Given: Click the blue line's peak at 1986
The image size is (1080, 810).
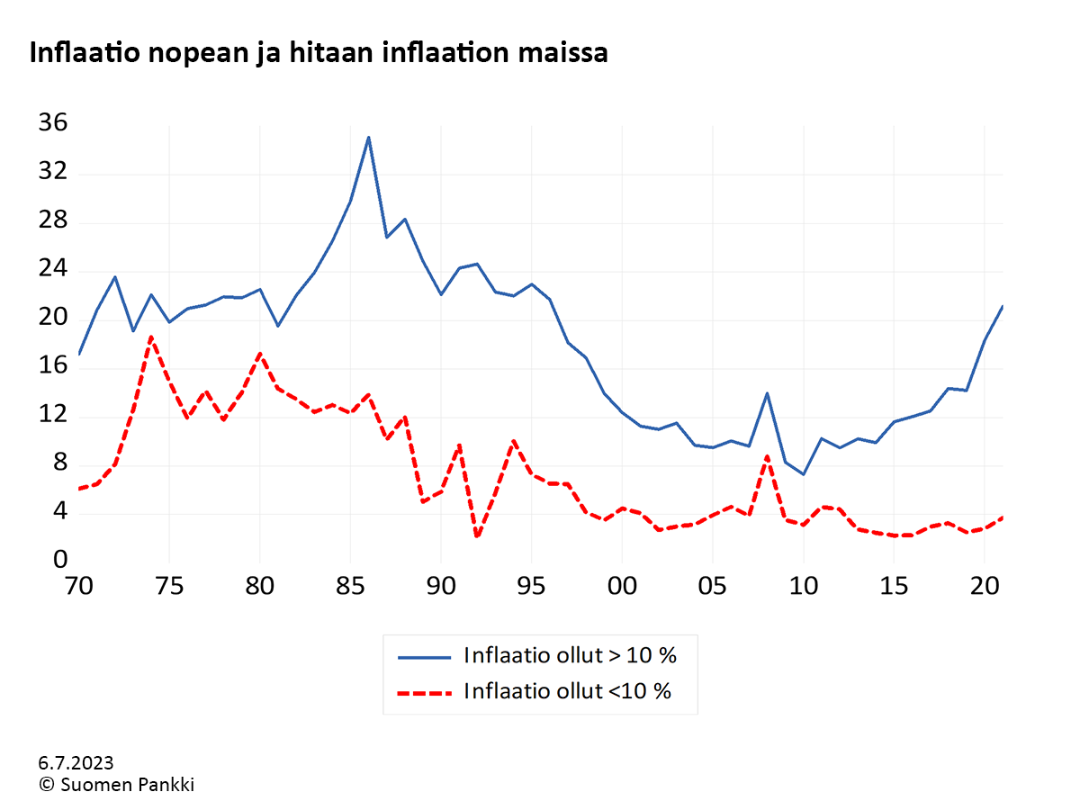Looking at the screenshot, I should pyautogui.click(x=368, y=138).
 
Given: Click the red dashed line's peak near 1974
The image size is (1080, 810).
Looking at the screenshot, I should pyautogui.click(x=151, y=337).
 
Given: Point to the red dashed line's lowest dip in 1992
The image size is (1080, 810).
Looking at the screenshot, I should pyautogui.click(x=476, y=536).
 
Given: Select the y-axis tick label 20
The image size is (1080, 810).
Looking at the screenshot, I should pyautogui.click(x=52, y=317).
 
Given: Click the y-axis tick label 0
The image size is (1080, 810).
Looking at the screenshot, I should pyautogui.click(x=59, y=560).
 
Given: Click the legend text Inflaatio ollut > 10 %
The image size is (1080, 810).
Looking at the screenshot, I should pyautogui.click(x=570, y=655).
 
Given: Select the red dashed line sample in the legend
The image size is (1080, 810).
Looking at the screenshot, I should pyautogui.click(x=425, y=692).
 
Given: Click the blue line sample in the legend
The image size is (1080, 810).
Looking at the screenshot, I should pyautogui.click(x=425, y=656).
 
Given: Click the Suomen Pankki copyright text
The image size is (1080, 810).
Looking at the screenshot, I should pyautogui.click(x=117, y=784).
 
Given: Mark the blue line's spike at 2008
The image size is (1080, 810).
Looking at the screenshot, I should pyautogui.click(x=767, y=393).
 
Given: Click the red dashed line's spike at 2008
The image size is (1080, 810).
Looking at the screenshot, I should pyautogui.click(x=767, y=456).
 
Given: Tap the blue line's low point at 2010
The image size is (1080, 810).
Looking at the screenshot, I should pyautogui.click(x=803, y=474).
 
